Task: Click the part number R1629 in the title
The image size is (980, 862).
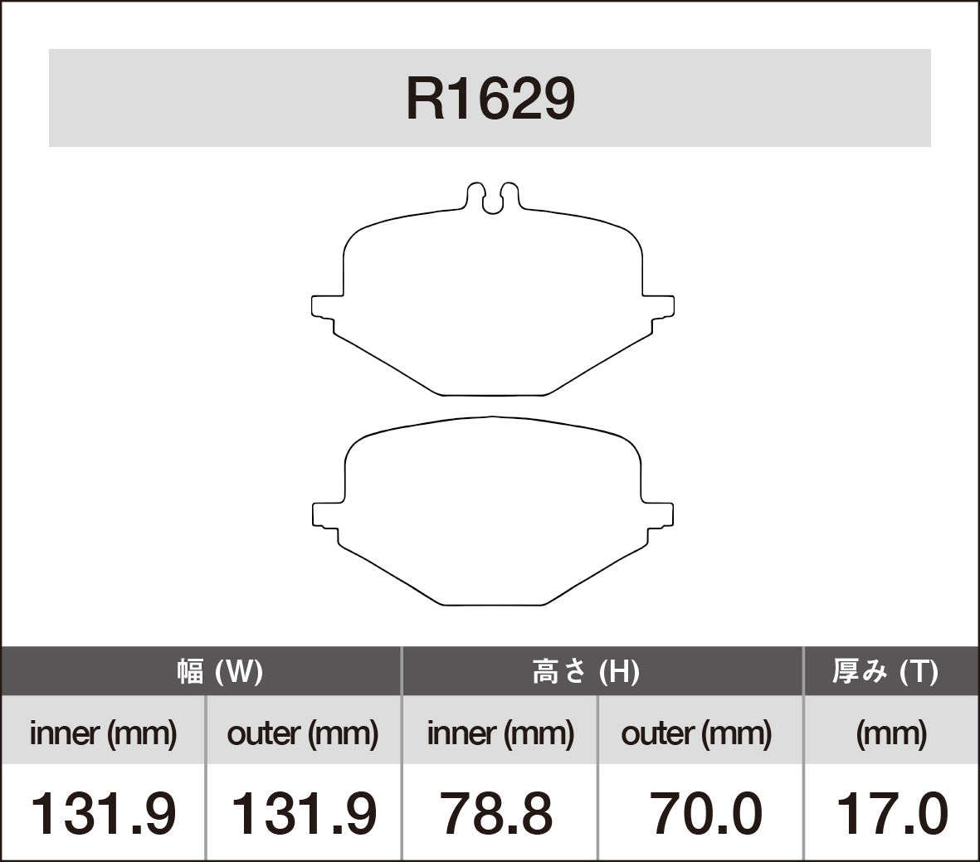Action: [490, 100]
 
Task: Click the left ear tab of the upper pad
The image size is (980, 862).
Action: [325, 305]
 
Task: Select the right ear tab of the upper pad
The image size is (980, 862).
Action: [660, 305]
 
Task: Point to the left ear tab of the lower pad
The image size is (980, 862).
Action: [326, 514]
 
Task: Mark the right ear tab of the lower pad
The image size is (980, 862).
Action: [660, 514]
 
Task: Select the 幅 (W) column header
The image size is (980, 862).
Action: [219, 671]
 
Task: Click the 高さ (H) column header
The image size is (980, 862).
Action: [585, 671]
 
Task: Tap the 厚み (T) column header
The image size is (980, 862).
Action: [885, 671]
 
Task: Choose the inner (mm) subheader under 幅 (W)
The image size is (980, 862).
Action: [103, 733]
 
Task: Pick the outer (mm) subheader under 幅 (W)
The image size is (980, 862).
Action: [302, 733]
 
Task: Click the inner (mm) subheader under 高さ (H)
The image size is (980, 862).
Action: [500, 733]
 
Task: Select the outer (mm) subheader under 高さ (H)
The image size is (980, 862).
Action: [696, 733]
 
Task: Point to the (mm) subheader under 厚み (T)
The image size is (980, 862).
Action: [890, 733]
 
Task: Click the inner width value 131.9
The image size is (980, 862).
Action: [103, 814]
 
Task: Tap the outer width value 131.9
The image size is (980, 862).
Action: [302, 814]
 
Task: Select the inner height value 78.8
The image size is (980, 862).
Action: [496, 814]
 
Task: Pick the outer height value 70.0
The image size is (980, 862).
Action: [705, 814]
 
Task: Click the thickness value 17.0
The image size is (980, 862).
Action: [891, 814]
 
